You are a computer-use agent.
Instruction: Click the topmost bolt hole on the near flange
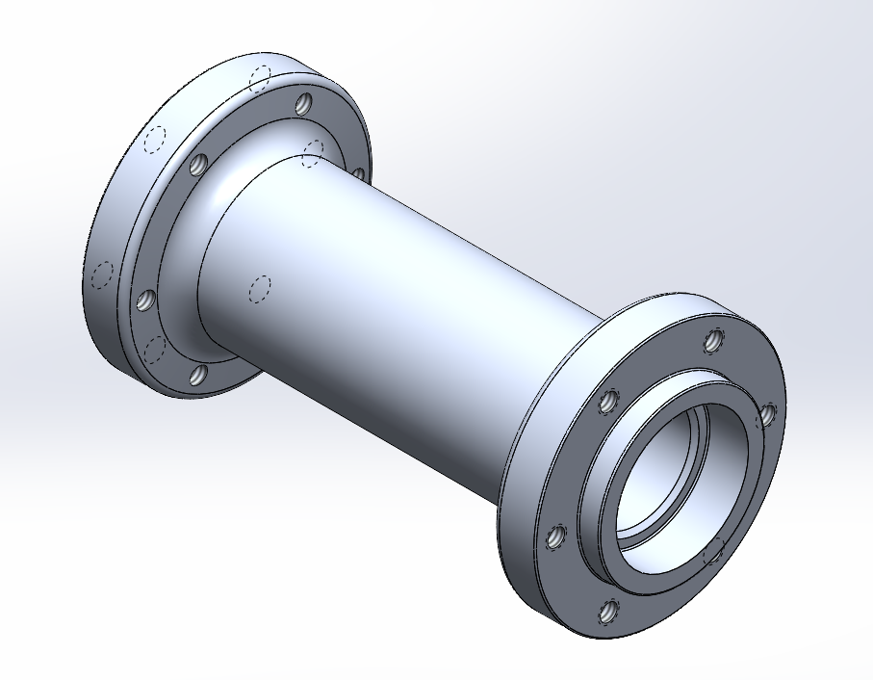coord(712,340)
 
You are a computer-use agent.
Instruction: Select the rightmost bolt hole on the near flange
coord(768,414)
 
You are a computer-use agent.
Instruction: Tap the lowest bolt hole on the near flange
coord(608,610)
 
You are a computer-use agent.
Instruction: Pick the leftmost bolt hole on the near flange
coord(555,537)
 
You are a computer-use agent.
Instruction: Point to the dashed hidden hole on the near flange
coord(714,551)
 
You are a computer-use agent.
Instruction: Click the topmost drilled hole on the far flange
coord(304,102)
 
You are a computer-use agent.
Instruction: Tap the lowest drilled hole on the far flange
coord(196,375)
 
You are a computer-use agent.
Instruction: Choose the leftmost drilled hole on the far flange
coord(146,301)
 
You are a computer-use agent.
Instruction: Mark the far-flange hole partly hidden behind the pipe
coord(358,173)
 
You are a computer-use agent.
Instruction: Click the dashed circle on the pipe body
coord(259,288)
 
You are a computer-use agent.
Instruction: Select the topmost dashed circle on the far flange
coord(259,76)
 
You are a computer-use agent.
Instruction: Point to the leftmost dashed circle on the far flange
coord(100,275)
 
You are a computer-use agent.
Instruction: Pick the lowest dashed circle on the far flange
coord(153,348)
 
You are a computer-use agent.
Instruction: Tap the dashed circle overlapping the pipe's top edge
coord(313,151)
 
